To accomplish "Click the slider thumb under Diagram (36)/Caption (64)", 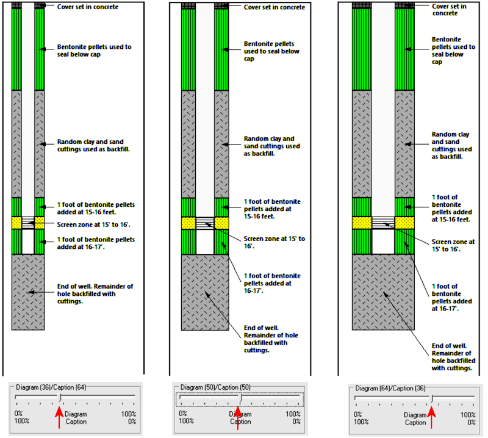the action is click(x=60, y=398).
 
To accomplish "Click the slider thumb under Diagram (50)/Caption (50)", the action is click(x=240, y=398).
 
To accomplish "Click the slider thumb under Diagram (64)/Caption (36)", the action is click(x=432, y=398).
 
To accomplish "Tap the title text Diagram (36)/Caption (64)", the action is click(x=51, y=387).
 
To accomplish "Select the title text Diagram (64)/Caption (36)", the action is click(x=390, y=388).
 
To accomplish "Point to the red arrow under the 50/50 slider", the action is click(x=238, y=418).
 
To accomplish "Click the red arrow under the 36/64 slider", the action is click(x=59, y=417).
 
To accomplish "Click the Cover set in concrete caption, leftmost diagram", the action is click(x=88, y=7).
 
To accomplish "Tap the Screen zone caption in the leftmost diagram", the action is click(x=94, y=224).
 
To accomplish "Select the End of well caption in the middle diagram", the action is click(x=271, y=339).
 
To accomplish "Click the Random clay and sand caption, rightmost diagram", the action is click(x=451, y=145).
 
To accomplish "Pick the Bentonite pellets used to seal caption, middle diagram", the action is click(x=271, y=51).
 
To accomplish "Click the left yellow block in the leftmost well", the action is click(x=16, y=223).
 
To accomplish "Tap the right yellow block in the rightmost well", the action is click(x=404, y=223).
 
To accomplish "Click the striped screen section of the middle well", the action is click(x=205, y=223).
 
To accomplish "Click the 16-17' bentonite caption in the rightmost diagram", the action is click(x=451, y=297).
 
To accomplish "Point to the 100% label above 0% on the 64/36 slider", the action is click(x=468, y=415).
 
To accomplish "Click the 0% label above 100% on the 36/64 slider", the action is click(x=18, y=414).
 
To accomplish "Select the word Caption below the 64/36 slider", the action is click(x=415, y=422).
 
